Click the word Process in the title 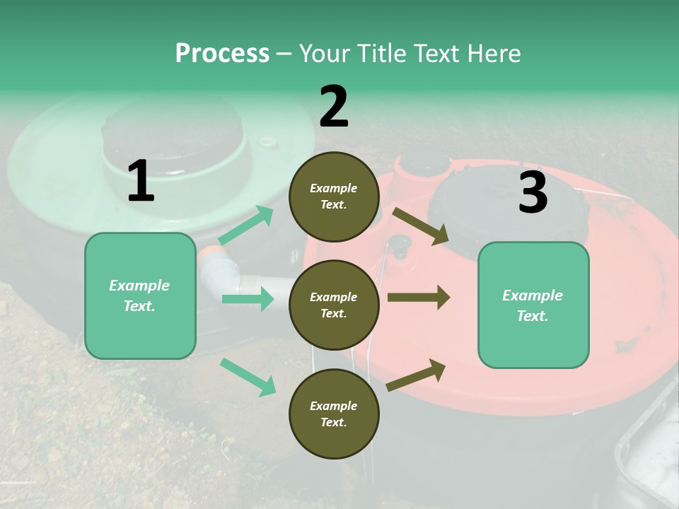[x=222, y=53]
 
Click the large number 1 [x=141, y=182]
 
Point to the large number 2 [x=334, y=107]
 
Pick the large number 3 [x=533, y=193]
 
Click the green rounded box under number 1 [x=140, y=296]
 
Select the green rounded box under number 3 [x=533, y=305]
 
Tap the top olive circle [x=334, y=197]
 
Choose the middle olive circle [x=334, y=305]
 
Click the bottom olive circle [x=334, y=414]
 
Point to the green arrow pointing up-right [x=246, y=225]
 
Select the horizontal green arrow [x=248, y=299]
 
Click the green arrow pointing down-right [x=248, y=376]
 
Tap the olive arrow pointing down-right [x=421, y=226]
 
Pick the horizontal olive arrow [x=419, y=297]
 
